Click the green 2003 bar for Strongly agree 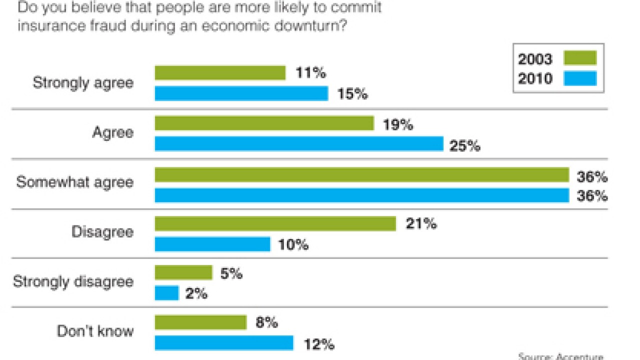click(x=220, y=73)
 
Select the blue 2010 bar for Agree click(x=299, y=144)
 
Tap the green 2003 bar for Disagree click(x=275, y=223)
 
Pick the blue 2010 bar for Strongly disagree click(x=166, y=293)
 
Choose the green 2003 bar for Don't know click(x=200, y=322)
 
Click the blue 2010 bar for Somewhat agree click(x=361, y=195)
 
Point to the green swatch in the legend click(x=580, y=58)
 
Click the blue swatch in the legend click(x=580, y=78)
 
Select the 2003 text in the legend click(x=535, y=59)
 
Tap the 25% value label click(x=465, y=146)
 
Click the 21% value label click(x=421, y=224)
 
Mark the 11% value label click(x=311, y=73)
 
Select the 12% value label click(x=318, y=344)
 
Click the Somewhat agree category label click(x=75, y=182)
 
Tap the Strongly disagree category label click(x=73, y=281)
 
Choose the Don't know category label click(x=95, y=331)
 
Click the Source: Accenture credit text click(x=560, y=356)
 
